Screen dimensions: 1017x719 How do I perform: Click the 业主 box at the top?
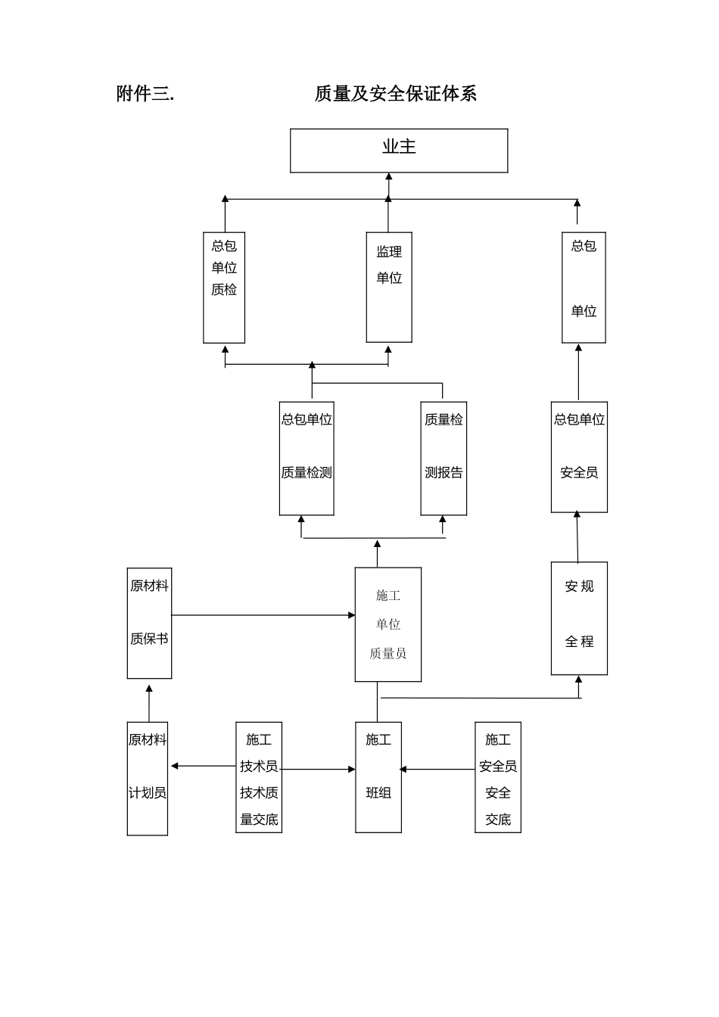tap(399, 151)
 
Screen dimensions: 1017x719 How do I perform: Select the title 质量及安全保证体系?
tap(395, 94)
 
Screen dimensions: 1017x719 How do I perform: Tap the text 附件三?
tap(145, 94)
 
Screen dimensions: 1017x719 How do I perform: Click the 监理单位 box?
tap(389, 287)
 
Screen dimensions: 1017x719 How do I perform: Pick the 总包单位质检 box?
tap(224, 288)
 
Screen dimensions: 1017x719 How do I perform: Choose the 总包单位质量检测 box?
tap(307, 459)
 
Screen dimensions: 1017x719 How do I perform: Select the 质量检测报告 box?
tap(444, 459)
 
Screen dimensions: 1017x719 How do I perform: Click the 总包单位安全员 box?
tap(579, 457)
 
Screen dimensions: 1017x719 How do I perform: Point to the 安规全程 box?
tap(579, 618)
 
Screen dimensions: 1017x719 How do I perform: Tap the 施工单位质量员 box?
tap(388, 624)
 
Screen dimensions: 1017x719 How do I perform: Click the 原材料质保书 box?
tap(149, 624)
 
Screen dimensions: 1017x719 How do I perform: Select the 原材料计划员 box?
tap(148, 779)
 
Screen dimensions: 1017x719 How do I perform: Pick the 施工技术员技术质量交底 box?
tap(259, 778)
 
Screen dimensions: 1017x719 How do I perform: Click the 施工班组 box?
tap(378, 778)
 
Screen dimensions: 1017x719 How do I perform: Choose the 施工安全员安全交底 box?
tap(498, 778)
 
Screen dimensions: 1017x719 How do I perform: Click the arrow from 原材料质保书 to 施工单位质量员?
tap(263, 615)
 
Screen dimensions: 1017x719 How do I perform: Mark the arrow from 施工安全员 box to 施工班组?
tap(437, 770)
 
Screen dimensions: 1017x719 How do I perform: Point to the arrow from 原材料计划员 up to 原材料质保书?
tap(149, 704)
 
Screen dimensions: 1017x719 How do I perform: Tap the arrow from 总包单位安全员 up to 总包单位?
tap(579, 372)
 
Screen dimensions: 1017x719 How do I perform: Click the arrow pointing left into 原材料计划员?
tap(203, 766)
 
